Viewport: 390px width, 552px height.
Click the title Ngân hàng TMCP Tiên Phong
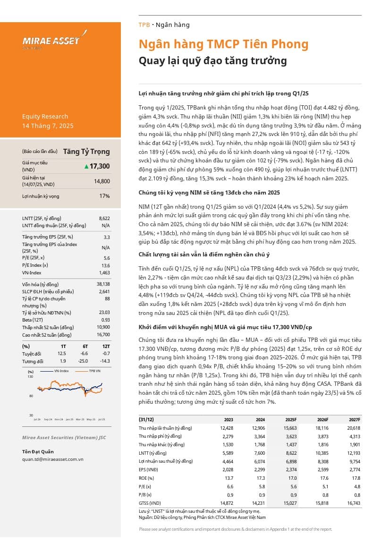click(x=223, y=44)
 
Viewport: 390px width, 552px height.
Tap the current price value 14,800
click(x=102, y=181)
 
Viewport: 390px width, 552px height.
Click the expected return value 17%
click(x=104, y=196)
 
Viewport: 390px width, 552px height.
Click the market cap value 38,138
click(x=102, y=284)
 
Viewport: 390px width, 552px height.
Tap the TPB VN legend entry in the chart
click(x=94, y=371)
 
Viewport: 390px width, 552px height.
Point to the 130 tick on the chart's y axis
click(x=31, y=376)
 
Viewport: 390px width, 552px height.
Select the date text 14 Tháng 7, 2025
click(x=48, y=126)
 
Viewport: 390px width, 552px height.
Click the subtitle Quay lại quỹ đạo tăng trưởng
click(x=212, y=61)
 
